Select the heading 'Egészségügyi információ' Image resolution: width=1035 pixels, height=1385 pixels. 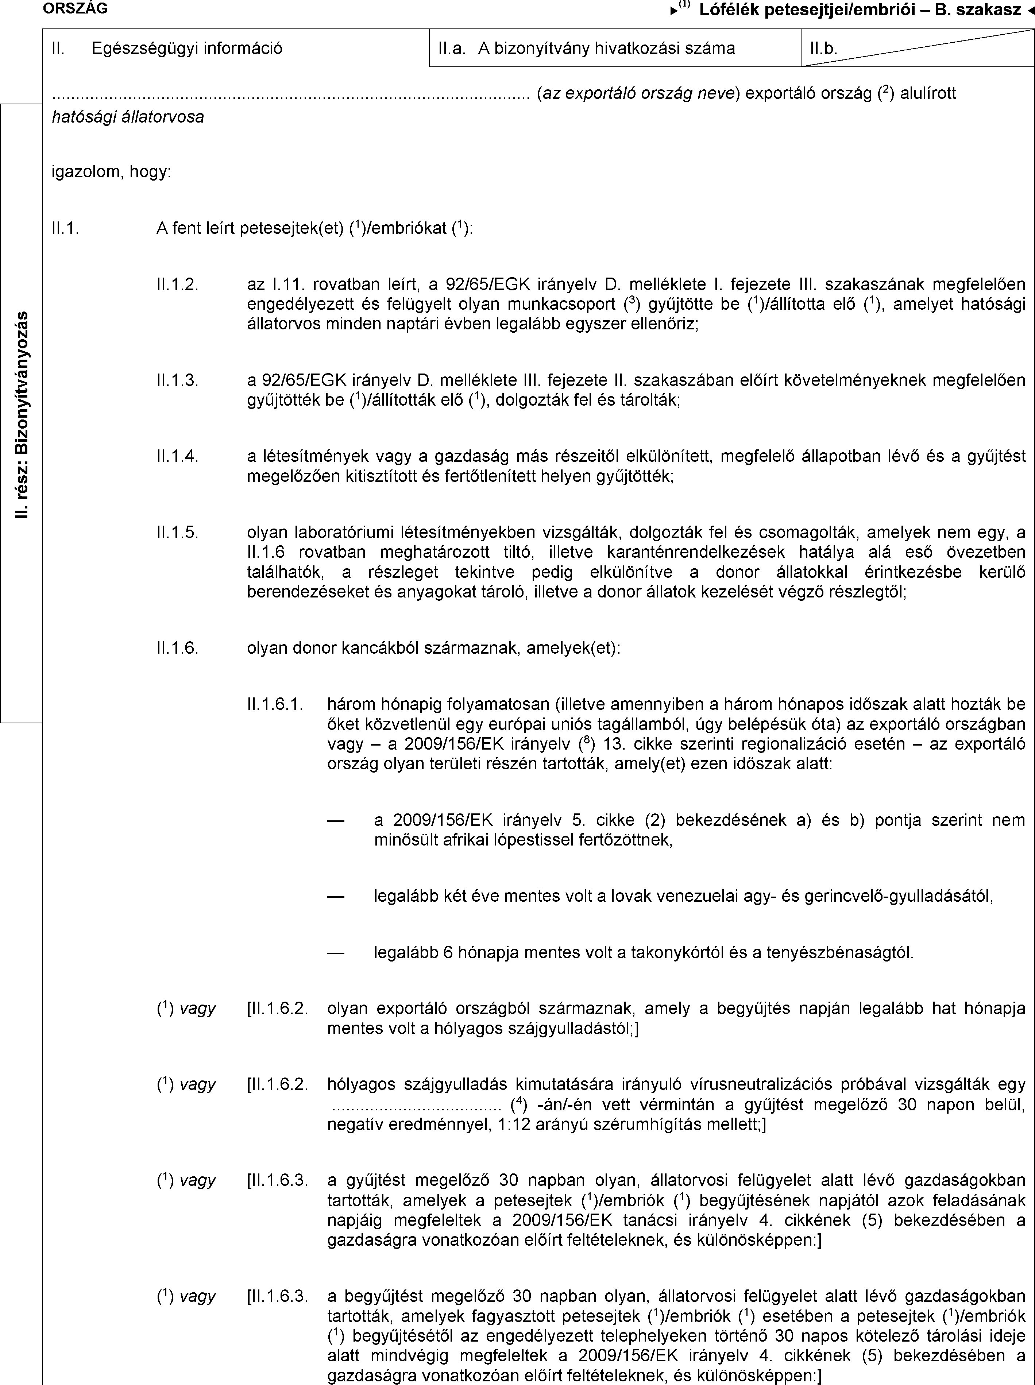(186, 48)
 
